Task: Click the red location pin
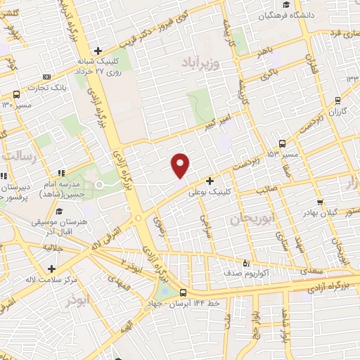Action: pyautogui.click(x=181, y=165)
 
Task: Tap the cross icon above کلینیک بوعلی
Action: pyautogui.click(x=210, y=181)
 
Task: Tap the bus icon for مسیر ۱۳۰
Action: pyautogui.click(x=16, y=94)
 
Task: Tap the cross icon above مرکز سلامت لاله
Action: pyautogui.click(x=51, y=269)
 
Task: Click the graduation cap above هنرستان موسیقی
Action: pyautogui.click(x=60, y=211)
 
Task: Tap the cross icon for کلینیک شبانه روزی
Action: pyautogui.click(x=98, y=50)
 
